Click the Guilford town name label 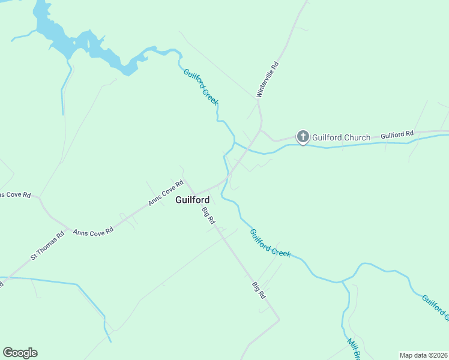tap(192, 200)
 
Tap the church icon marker tap(303, 137)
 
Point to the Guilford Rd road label tap(397, 134)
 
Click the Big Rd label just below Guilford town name tap(208, 215)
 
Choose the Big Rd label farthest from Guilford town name tap(259, 290)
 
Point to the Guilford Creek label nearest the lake tap(200, 87)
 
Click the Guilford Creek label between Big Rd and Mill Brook tap(270, 243)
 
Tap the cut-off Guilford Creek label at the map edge tap(435, 306)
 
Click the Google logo tap(20, 353)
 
